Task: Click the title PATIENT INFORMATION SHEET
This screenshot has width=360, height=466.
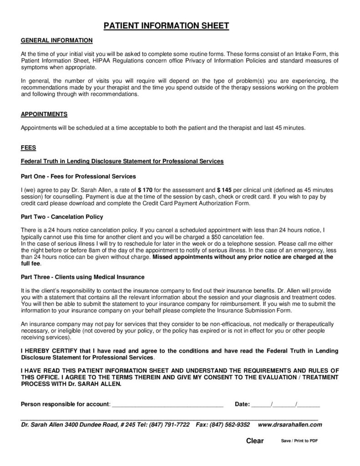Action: tap(167, 26)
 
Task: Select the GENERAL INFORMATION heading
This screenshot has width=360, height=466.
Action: tap(57, 41)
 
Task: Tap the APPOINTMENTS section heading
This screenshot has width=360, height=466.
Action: tap(45, 114)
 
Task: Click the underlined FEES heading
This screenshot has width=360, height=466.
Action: tap(29, 148)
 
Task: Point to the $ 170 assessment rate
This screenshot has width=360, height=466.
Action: tap(146, 189)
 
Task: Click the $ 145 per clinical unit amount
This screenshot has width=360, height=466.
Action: tap(225, 189)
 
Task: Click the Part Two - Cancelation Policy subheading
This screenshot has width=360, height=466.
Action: tap(62, 217)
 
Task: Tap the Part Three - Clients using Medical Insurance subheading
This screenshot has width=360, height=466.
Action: tap(83, 276)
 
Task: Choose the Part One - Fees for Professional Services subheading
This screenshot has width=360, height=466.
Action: tap(79, 176)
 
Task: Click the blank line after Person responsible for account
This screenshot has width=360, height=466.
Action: tap(167, 404)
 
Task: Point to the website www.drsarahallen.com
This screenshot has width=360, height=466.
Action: tap(290, 425)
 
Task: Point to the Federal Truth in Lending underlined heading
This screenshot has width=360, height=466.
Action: tap(122, 162)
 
